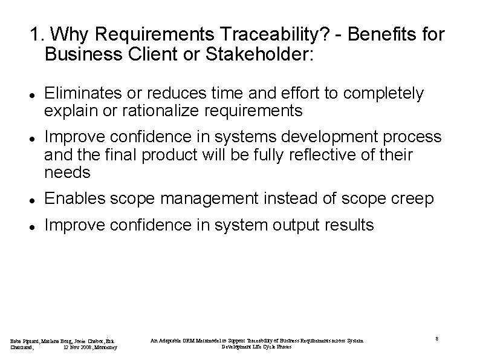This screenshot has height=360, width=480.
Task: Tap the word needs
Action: point(68,172)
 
